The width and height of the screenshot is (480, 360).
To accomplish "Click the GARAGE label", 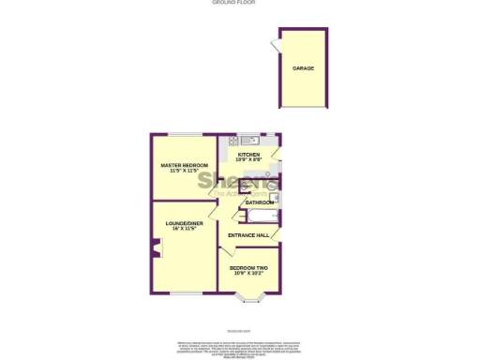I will [x=303, y=68].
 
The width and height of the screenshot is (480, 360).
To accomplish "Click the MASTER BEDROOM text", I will [x=183, y=165].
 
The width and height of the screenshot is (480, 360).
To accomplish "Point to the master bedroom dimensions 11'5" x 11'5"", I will [x=183, y=171].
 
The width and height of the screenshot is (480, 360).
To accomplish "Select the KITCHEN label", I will [x=248, y=154].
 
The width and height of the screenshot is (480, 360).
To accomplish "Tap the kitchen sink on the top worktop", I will [x=251, y=140].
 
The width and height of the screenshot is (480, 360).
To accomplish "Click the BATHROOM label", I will [x=260, y=202].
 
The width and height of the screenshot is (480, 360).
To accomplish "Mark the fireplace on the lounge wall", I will [x=155, y=248].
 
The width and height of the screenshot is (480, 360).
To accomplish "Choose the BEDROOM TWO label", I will [x=248, y=267].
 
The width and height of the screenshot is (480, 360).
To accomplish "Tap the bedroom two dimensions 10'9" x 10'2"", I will [x=248, y=273].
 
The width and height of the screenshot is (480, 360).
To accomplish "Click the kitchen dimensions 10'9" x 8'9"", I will [x=248, y=159].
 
